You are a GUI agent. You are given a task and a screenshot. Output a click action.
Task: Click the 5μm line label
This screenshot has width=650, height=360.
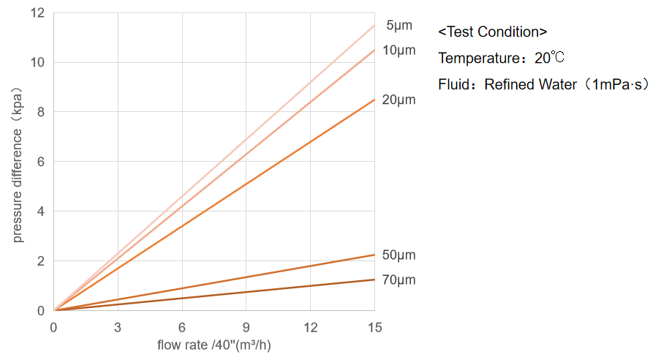[x=399, y=26]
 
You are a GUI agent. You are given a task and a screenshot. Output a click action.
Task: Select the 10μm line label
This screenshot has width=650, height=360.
[x=399, y=50]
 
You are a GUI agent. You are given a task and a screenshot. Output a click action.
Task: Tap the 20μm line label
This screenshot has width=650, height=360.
[x=399, y=100]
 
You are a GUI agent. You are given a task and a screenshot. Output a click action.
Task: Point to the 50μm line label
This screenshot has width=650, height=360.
[x=399, y=255]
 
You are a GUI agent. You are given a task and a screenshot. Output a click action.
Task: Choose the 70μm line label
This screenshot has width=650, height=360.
[x=399, y=280]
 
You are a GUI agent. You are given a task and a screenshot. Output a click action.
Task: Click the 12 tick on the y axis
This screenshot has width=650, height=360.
[x=39, y=13]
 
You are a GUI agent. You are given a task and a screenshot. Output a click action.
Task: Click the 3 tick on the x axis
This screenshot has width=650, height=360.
[x=118, y=326]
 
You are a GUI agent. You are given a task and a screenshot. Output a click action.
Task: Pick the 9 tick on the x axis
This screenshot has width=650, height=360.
[x=246, y=326]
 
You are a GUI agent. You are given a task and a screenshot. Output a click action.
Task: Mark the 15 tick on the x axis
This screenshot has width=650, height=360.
[x=374, y=326]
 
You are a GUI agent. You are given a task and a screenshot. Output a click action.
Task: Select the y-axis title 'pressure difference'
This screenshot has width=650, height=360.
[x=18, y=166]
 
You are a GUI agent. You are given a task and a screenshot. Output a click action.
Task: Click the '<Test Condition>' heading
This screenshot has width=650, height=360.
[x=493, y=32]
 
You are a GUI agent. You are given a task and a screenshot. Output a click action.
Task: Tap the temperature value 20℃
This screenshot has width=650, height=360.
[x=550, y=58]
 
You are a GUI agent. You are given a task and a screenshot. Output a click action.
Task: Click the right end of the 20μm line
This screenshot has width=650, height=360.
[x=374, y=100]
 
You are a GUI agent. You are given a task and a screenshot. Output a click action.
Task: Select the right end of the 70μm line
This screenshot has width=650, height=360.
[x=374, y=280]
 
